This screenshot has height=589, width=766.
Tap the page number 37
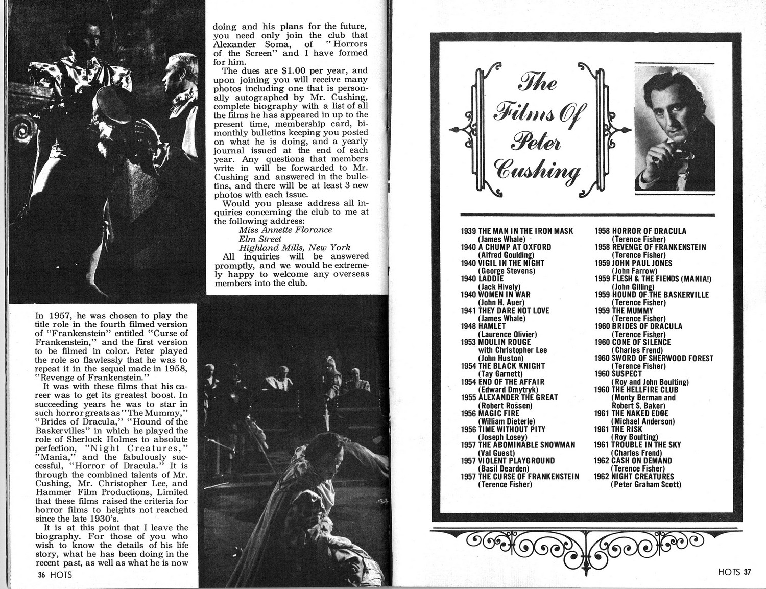click(747, 572)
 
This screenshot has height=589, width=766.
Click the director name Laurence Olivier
click(507, 334)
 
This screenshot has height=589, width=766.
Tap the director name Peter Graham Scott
click(646, 484)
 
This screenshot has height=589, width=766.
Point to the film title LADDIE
click(491, 278)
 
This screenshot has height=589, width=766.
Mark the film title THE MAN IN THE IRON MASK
click(526, 231)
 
